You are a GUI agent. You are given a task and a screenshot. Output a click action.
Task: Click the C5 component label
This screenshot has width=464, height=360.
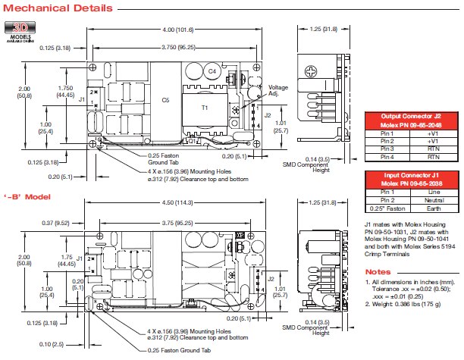point(165,99)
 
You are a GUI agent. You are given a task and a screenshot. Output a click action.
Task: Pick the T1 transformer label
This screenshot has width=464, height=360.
point(205,107)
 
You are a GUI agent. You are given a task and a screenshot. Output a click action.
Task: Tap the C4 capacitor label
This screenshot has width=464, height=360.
point(213,71)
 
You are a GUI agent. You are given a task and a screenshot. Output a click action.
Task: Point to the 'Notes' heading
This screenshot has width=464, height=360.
point(378,271)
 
